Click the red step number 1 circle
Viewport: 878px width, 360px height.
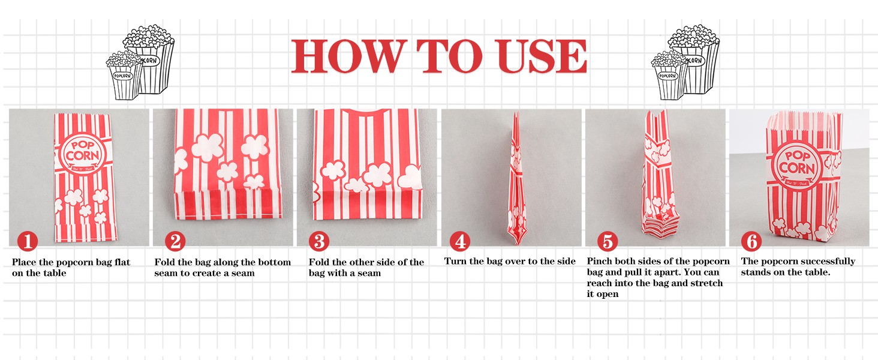click(x=28, y=241)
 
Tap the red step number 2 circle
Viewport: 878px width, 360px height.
click(x=175, y=241)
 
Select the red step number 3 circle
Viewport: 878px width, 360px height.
click(x=319, y=241)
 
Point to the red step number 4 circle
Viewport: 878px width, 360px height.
click(x=460, y=241)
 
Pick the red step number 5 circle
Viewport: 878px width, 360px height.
click(x=608, y=241)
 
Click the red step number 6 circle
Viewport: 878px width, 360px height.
click(x=751, y=241)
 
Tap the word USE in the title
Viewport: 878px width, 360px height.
click(x=541, y=56)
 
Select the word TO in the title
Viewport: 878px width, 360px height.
click(x=450, y=56)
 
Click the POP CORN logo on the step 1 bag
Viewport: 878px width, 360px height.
click(x=82, y=153)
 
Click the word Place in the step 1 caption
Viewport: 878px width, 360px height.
click(x=25, y=262)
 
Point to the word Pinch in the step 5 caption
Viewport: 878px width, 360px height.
click(x=600, y=261)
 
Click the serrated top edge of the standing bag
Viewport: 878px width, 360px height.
click(x=804, y=116)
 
